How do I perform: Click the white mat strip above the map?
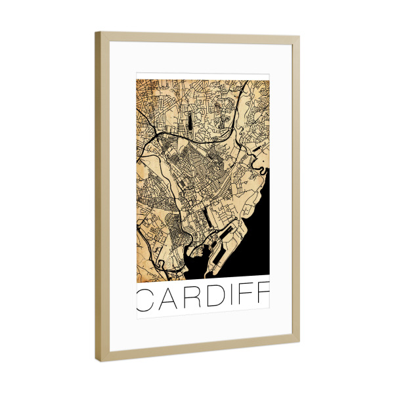(x=204, y=60)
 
